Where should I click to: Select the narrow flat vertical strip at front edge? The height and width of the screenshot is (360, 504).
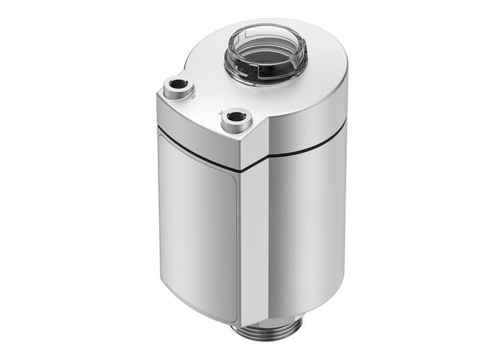(x=249, y=245)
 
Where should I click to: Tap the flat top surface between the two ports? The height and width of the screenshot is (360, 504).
(x=209, y=97)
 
